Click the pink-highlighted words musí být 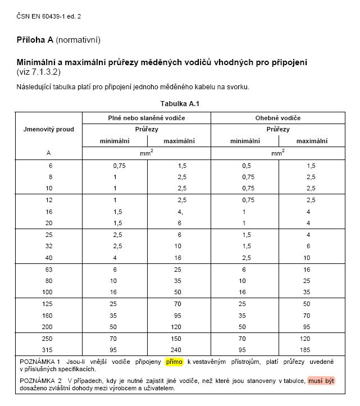tap(321, 381)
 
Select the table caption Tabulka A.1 tap(180, 104)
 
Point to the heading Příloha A tap(38, 40)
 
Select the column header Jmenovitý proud tap(49, 129)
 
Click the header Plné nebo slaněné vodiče tap(147, 118)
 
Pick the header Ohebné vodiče tap(278, 118)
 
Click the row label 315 tap(48, 349)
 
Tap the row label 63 tap(48, 270)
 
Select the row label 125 tap(48, 304)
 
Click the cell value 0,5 tap(247, 166)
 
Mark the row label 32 tap(48, 246)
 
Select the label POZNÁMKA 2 tap(40, 381)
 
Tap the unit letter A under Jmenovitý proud tap(48, 152)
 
